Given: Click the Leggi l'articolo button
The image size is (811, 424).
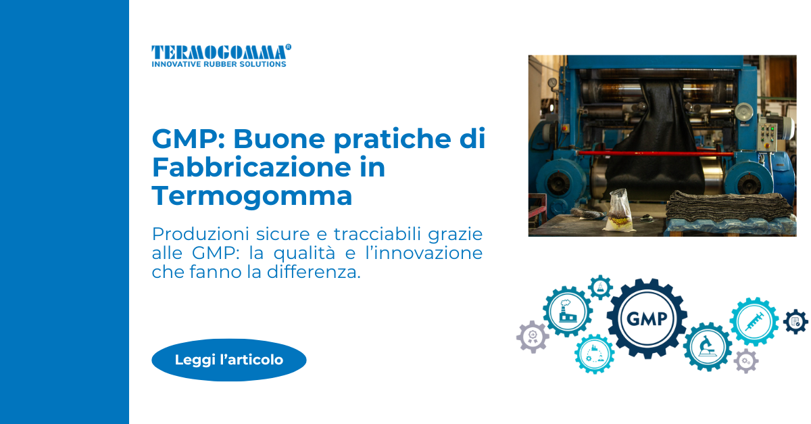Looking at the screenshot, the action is pos(229,360).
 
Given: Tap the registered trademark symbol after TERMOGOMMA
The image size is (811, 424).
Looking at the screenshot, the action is pos(288,47).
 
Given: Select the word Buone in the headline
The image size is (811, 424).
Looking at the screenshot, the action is pos(278,139).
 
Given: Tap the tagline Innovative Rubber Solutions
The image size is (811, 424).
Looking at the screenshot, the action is pos(219,64).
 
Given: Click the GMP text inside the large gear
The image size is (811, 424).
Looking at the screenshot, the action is pos(647,319).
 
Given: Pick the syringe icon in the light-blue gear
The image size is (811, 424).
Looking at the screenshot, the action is pos(754,321).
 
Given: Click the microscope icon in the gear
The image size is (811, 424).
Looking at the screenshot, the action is pos(707,346).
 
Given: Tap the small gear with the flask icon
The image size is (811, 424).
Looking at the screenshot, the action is pos(600,287).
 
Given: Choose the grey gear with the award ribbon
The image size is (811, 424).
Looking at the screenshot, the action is pos(533,337).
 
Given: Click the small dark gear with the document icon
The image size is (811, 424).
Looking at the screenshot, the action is pos(795,321).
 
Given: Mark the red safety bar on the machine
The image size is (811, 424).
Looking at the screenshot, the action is pos(656,154).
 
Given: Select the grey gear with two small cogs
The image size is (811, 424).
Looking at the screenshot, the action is pos(746,361).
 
